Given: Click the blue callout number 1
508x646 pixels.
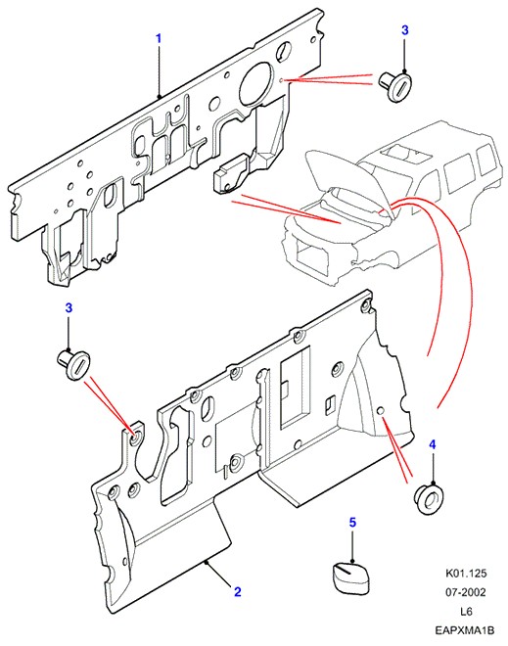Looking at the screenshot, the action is (159, 39).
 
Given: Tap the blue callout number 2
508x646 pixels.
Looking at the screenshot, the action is (237, 592).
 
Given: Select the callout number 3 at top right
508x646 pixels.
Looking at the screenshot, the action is (405, 30).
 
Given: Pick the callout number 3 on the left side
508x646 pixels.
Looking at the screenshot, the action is (69, 307).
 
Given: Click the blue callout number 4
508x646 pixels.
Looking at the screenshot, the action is (433, 444).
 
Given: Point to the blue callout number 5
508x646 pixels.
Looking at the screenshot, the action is (352, 523).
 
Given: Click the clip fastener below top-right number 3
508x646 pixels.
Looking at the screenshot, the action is (395, 86).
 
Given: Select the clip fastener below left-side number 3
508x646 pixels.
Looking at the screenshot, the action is (73, 364).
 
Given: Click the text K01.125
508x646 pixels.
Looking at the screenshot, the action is (466, 573).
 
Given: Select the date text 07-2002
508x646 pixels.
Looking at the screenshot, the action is (466, 592).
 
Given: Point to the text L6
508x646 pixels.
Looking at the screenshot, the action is (466, 612).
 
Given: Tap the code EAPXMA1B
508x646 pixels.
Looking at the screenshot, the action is (465, 630).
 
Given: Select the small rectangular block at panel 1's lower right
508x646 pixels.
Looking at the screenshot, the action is (231, 173).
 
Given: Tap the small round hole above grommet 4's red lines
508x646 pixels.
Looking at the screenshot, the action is (381, 411).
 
